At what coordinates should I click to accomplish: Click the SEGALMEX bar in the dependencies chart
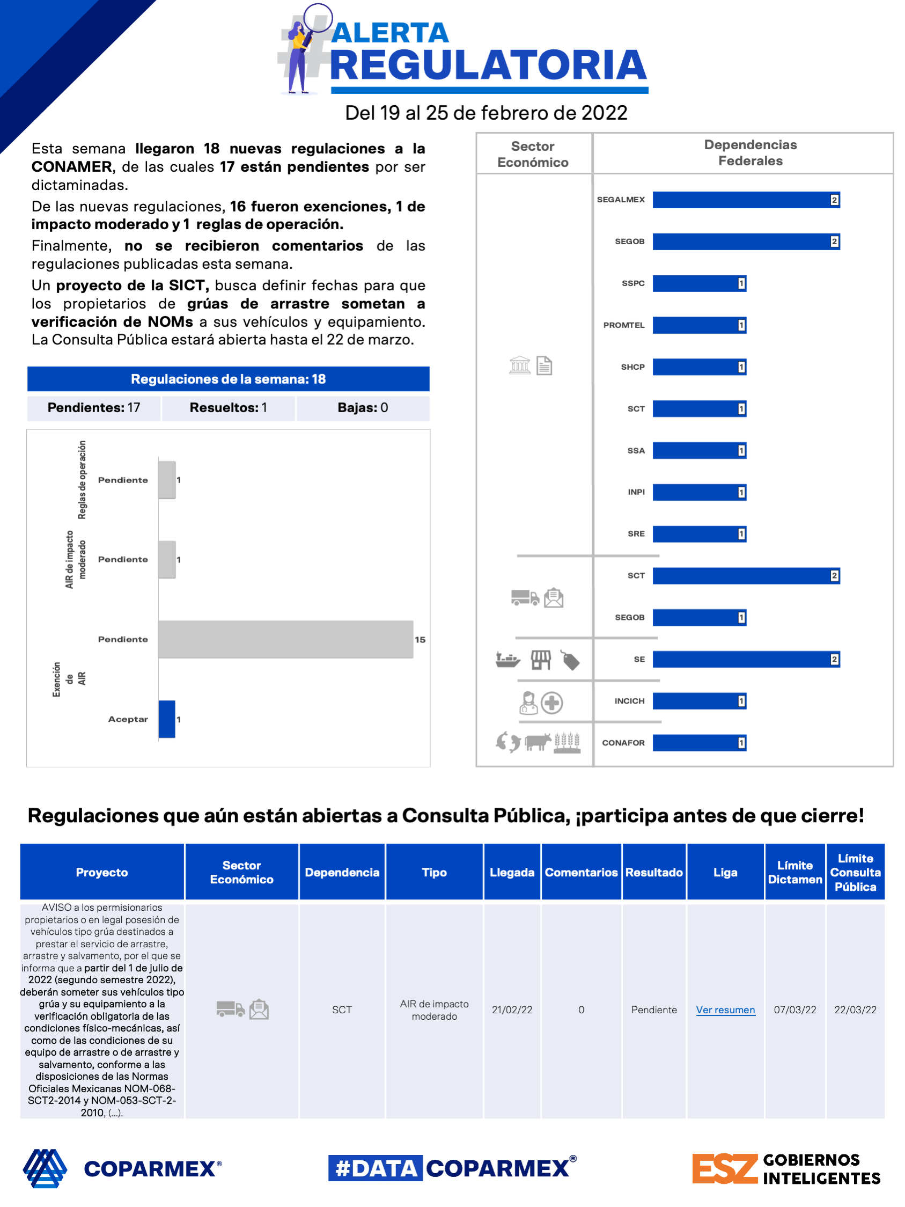click(x=745, y=200)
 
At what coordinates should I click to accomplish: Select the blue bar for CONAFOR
click(x=699, y=743)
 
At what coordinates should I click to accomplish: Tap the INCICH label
click(x=629, y=701)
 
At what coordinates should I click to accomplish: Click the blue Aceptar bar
click(x=167, y=719)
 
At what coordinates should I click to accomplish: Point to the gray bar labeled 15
click(x=285, y=639)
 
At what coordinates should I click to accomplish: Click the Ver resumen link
click(x=725, y=1010)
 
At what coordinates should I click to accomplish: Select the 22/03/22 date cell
click(x=855, y=1010)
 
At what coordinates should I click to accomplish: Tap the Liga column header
click(x=725, y=872)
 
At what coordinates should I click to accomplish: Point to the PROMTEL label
click(x=623, y=325)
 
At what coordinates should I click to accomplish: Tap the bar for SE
click(x=745, y=659)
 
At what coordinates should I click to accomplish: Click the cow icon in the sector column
click(x=538, y=742)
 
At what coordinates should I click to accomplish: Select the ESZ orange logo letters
click(x=724, y=1168)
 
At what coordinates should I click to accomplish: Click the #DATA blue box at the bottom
click(x=376, y=1168)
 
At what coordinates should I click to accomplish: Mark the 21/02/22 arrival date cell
click(x=512, y=1010)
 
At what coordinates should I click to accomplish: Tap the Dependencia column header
click(x=342, y=872)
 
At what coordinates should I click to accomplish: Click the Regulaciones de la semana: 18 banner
click(x=228, y=379)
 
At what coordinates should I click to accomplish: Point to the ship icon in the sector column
click(x=507, y=660)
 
